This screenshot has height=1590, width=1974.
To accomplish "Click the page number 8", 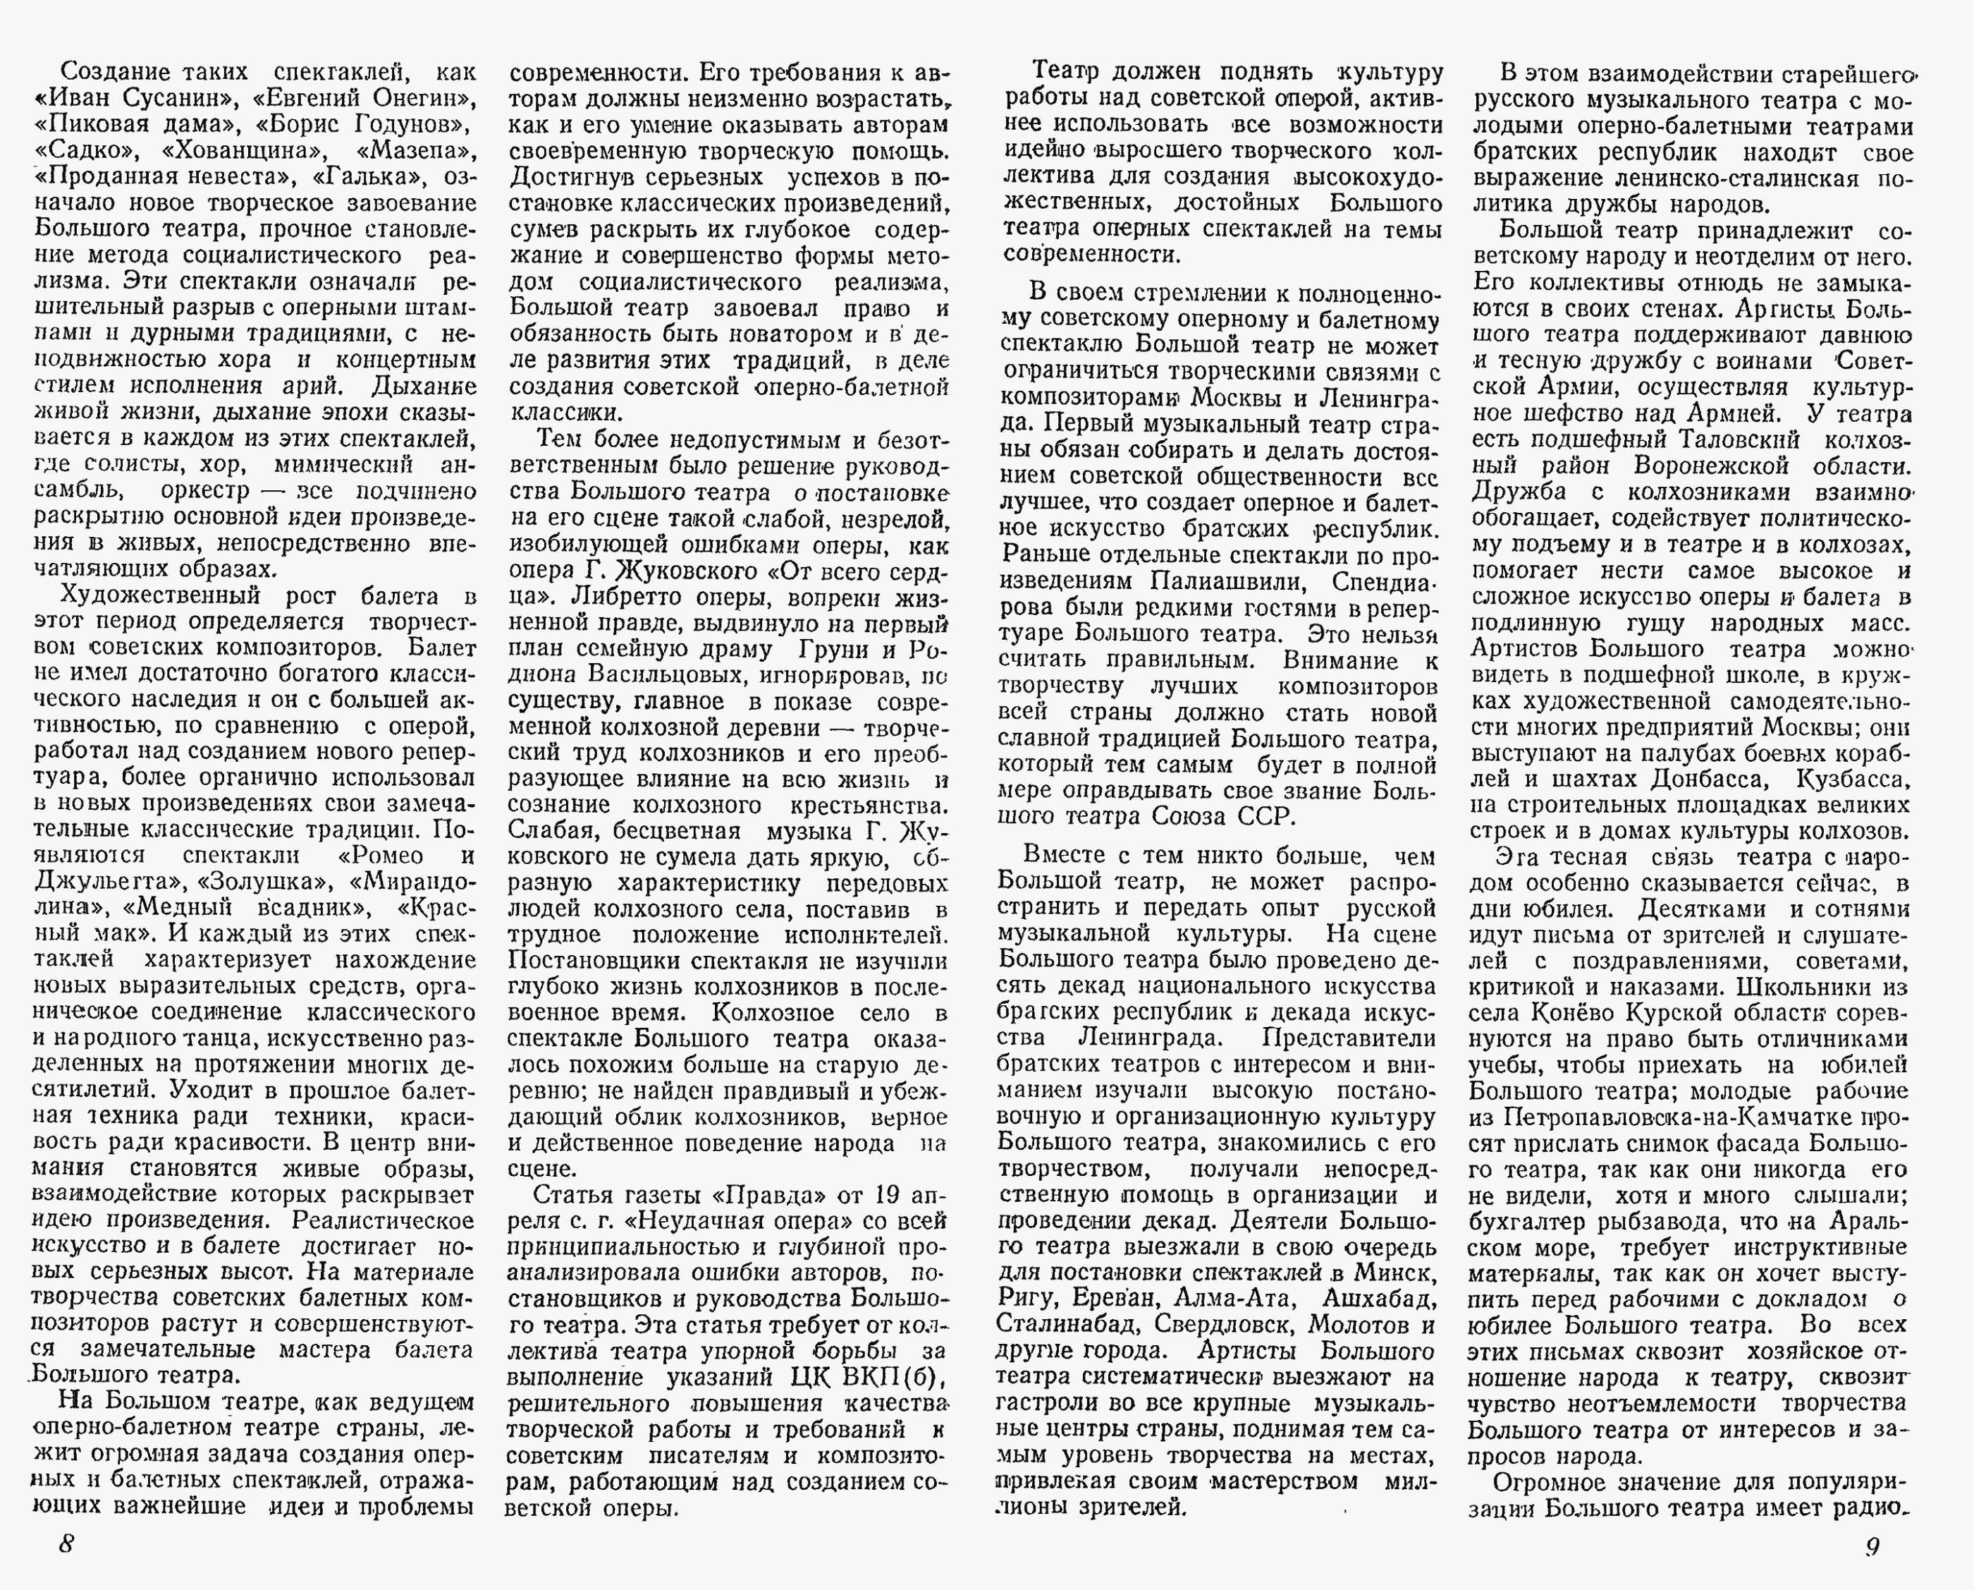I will click(x=66, y=1543).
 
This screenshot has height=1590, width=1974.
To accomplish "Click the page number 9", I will click(x=1872, y=1546).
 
